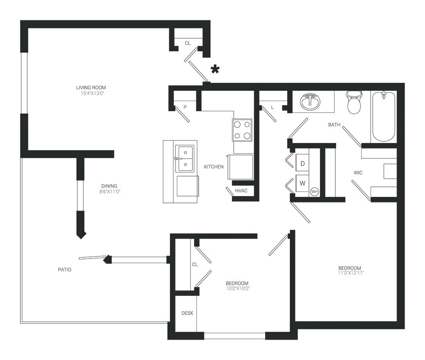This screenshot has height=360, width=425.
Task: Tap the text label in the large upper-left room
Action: point(91,90)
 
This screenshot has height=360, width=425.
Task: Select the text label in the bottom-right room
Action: point(350,270)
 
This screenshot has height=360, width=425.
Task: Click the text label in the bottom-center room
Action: point(237,287)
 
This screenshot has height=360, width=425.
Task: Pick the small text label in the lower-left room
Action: point(64,268)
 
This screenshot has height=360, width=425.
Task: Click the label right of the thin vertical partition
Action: point(110,189)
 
